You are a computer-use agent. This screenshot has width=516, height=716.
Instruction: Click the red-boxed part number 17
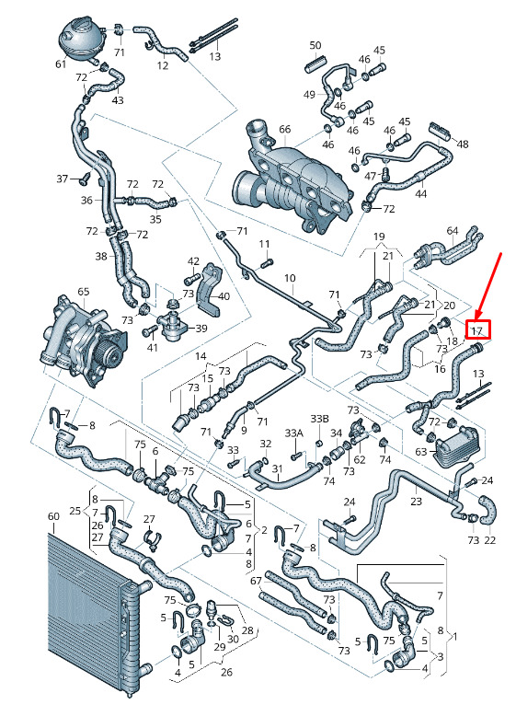click(x=477, y=329)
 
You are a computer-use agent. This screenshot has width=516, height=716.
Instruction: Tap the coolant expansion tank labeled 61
click(x=81, y=40)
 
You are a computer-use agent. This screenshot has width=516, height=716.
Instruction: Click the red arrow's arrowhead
click(x=477, y=315)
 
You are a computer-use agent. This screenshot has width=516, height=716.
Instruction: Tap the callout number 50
click(x=315, y=45)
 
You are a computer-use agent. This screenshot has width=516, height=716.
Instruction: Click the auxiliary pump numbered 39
click(x=173, y=326)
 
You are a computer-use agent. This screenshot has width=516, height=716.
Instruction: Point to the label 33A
click(x=293, y=433)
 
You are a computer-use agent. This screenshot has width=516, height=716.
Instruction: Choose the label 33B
click(x=319, y=419)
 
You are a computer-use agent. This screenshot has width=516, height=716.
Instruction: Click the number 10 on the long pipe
click(x=290, y=278)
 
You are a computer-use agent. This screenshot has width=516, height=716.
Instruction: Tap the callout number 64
click(x=453, y=231)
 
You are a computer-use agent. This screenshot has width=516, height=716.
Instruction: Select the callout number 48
click(x=462, y=144)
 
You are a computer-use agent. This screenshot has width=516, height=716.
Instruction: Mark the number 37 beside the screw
click(x=62, y=179)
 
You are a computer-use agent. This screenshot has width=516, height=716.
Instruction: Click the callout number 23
click(x=416, y=501)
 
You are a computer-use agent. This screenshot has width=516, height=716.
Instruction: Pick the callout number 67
click(x=256, y=581)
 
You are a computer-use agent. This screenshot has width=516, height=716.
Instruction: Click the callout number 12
click(x=163, y=65)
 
